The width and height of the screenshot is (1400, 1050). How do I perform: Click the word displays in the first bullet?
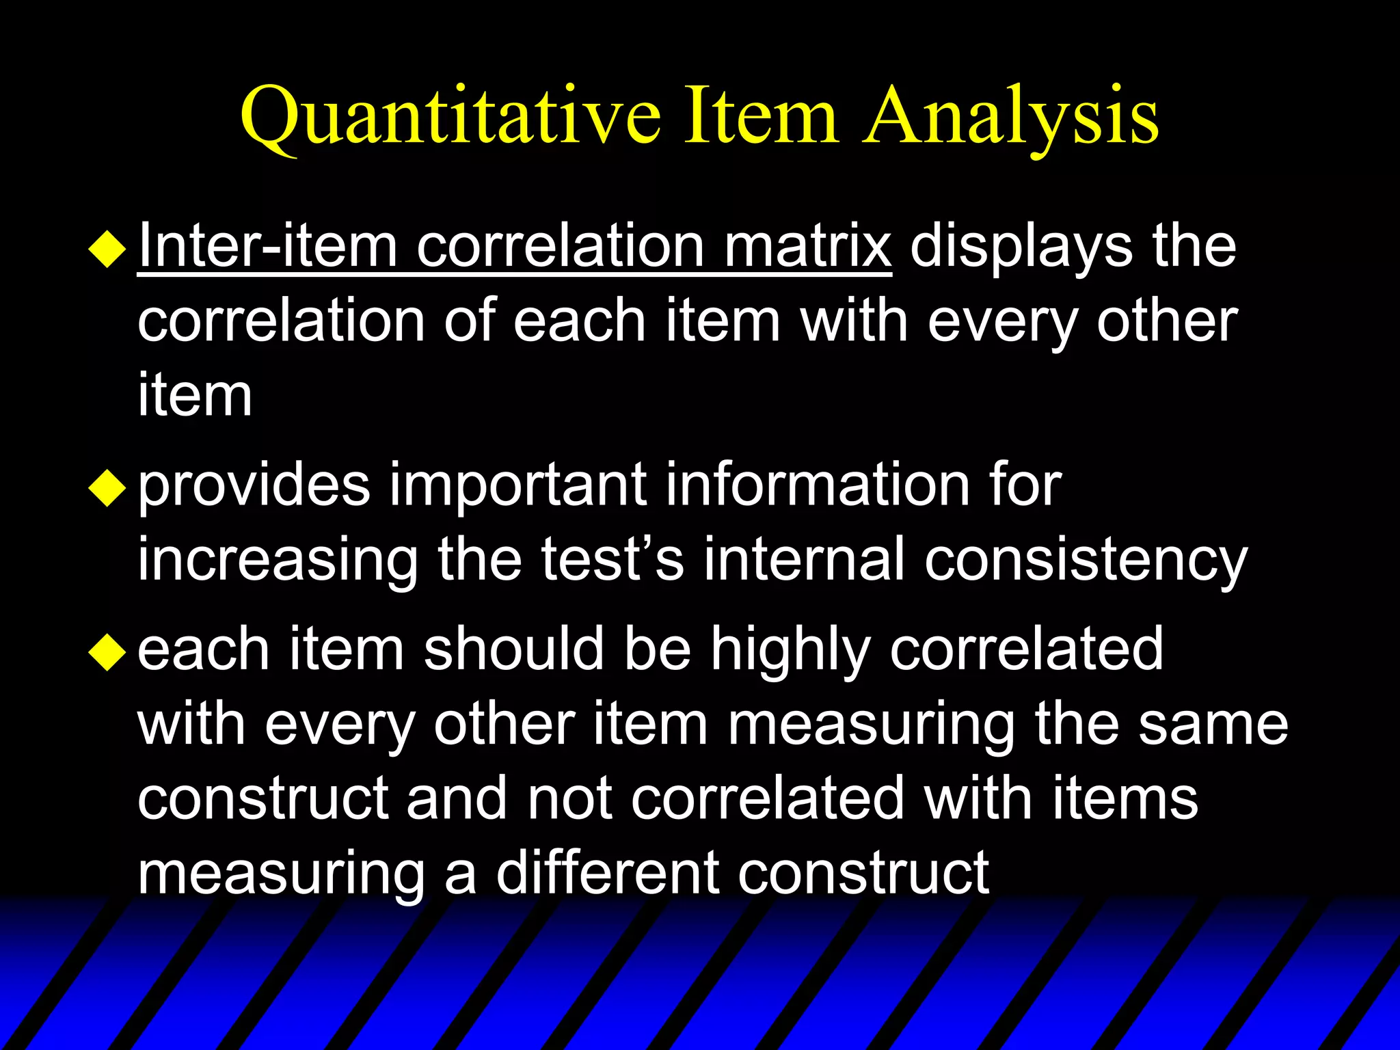[x=1021, y=247]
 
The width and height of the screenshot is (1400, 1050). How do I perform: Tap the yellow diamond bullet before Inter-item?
[x=108, y=249]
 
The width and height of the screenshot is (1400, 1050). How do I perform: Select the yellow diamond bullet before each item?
[x=108, y=651]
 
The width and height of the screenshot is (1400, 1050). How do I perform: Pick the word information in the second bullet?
[x=818, y=485]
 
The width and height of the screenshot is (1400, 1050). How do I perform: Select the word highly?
[x=790, y=650]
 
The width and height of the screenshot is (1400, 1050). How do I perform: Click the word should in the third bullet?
[x=513, y=649]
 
